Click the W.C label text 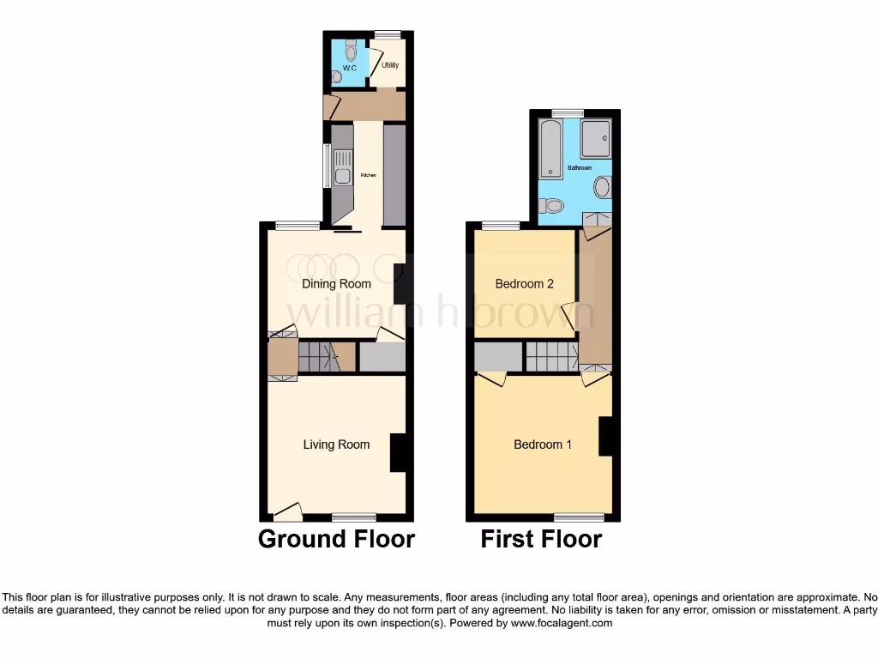349,68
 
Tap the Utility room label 390,65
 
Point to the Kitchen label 369,175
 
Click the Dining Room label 336,284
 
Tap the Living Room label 336,444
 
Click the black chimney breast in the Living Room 399,452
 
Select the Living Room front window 354,517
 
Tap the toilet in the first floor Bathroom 551,206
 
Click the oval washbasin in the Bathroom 603,187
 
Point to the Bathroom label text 580,168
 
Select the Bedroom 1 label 543,444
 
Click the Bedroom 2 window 501,226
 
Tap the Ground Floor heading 336,539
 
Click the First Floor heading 541,539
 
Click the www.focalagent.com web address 562,623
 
